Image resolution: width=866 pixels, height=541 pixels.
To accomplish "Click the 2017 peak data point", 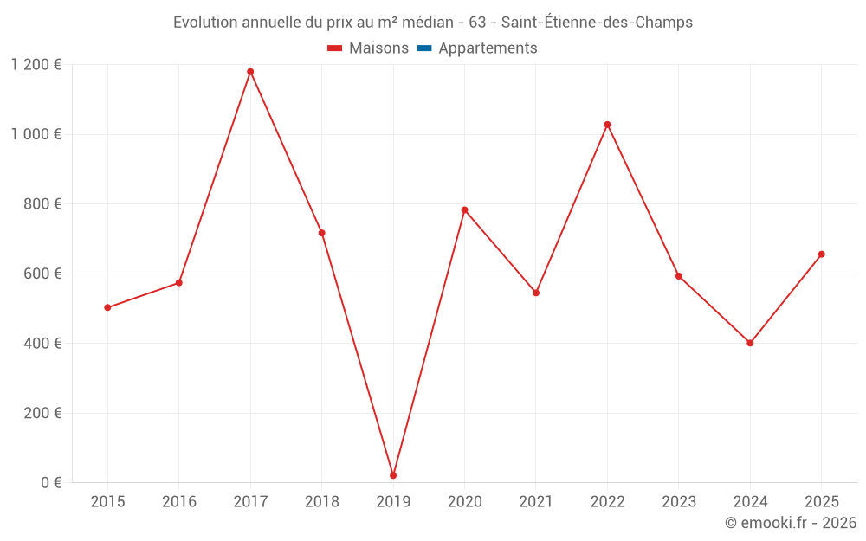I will (250, 72).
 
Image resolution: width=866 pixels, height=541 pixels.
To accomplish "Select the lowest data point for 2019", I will (393, 475).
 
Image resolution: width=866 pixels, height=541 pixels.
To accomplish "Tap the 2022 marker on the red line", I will (607, 125).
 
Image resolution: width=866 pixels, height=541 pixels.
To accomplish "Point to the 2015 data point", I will (107, 307).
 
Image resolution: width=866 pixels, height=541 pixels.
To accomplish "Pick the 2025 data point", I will (821, 254).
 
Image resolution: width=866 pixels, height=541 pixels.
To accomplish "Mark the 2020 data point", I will (464, 209).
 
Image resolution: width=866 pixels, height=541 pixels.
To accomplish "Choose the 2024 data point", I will (750, 343).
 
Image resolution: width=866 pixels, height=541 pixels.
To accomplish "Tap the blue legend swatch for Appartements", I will (424, 48).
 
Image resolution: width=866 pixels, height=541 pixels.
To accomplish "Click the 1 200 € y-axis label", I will (36, 65).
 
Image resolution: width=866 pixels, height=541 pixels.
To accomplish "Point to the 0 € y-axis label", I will (51, 483).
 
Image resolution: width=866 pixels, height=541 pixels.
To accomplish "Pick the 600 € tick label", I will (44, 274).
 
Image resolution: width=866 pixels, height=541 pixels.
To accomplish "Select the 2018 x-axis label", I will (321, 502).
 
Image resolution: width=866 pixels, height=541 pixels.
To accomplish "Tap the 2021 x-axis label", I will (536, 502).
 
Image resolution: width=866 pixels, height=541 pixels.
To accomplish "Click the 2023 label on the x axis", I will (678, 502).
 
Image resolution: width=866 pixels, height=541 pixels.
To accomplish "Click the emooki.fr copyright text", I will (791, 523).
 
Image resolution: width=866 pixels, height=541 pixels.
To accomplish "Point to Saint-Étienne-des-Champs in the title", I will (597, 23).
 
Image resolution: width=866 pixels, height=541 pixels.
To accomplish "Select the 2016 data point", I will (179, 283).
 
